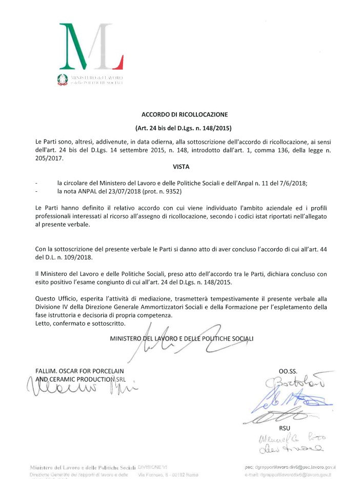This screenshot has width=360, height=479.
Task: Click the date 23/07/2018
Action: (117, 191)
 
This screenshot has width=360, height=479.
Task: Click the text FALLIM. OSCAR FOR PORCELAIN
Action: (79, 371)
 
